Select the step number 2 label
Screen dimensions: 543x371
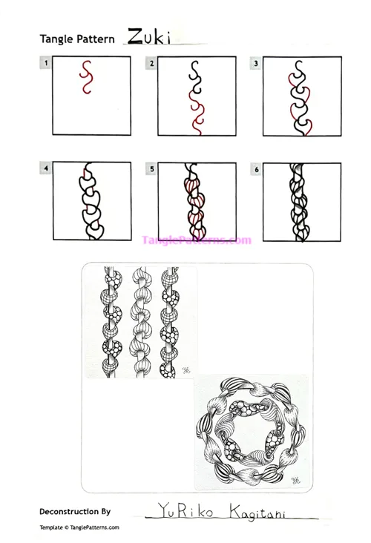[x=151, y=64]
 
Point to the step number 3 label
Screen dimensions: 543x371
[x=257, y=64]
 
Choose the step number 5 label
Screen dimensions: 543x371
[x=151, y=169]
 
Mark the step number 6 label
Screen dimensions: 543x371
[x=257, y=169]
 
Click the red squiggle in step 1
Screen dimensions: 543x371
[x=85, y=77]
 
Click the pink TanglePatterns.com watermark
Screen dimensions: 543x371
[x=197, y=240]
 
